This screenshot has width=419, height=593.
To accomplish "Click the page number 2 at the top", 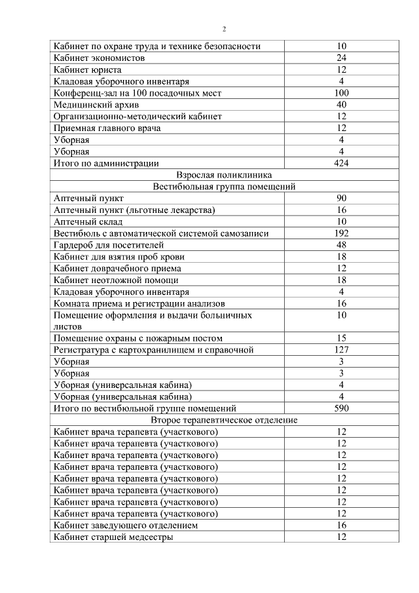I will (x=224, y=29).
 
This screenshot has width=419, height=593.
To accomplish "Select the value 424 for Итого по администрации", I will (x=341, y=163).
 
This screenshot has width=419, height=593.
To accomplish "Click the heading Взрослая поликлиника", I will (x=224, y=175).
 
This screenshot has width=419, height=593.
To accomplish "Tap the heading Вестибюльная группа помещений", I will (x=224, y=187).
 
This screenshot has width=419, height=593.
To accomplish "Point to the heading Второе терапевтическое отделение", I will (x=224, y=420).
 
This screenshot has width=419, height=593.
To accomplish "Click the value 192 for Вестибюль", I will (x=341, y=233).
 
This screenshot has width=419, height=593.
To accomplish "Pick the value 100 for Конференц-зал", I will (x=341, y=93).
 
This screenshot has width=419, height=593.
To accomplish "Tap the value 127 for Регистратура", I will (x=341, y=350).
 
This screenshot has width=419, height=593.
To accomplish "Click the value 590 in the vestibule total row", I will (x=341, y=408).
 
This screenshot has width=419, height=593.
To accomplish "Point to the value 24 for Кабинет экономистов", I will (x=341, y=58).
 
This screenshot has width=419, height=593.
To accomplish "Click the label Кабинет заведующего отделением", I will (x=126, y=526).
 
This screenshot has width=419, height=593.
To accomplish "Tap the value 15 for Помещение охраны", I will (x=341, y=338).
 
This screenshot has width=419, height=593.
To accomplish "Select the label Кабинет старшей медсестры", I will (x=113, y=537).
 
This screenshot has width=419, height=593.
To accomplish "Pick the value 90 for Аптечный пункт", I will (x=341, y=199).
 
